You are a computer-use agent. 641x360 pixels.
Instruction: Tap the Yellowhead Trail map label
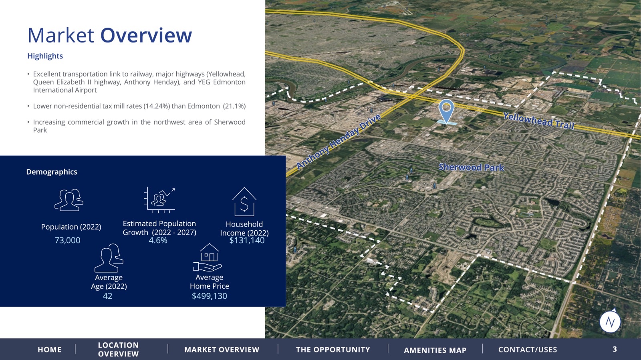click(538, 121)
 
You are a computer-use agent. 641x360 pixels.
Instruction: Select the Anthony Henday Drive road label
click(339, 141)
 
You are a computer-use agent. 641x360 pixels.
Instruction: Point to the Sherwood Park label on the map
click(471, 167)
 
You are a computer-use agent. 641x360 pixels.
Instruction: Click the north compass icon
click(610, 322)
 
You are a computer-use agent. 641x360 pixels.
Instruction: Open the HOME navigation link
click(50, 350)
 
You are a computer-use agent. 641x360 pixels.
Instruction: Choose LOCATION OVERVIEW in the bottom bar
click(118, 350)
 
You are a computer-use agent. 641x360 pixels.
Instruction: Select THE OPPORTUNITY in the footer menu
click(333, 350)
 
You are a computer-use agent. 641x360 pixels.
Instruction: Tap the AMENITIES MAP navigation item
click(435, 350)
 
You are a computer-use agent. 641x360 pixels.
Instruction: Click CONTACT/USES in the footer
click(528, 350)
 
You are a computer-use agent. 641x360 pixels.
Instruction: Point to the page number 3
click(615, 349)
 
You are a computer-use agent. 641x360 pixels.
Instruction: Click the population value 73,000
click(68, 240)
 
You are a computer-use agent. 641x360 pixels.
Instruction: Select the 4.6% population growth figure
click(158, 240)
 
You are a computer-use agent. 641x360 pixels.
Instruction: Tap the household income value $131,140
click(247, 240)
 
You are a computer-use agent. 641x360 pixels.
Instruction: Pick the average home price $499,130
click(210, 296)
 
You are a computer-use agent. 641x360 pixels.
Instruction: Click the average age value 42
click(108, 296)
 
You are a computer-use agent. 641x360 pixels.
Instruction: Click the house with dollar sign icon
click(244, 201)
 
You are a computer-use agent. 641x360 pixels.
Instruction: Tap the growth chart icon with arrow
click(159, 200)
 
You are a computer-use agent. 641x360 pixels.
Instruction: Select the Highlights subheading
click(45, 56)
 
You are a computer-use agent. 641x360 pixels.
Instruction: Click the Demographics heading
click(52, 172)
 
